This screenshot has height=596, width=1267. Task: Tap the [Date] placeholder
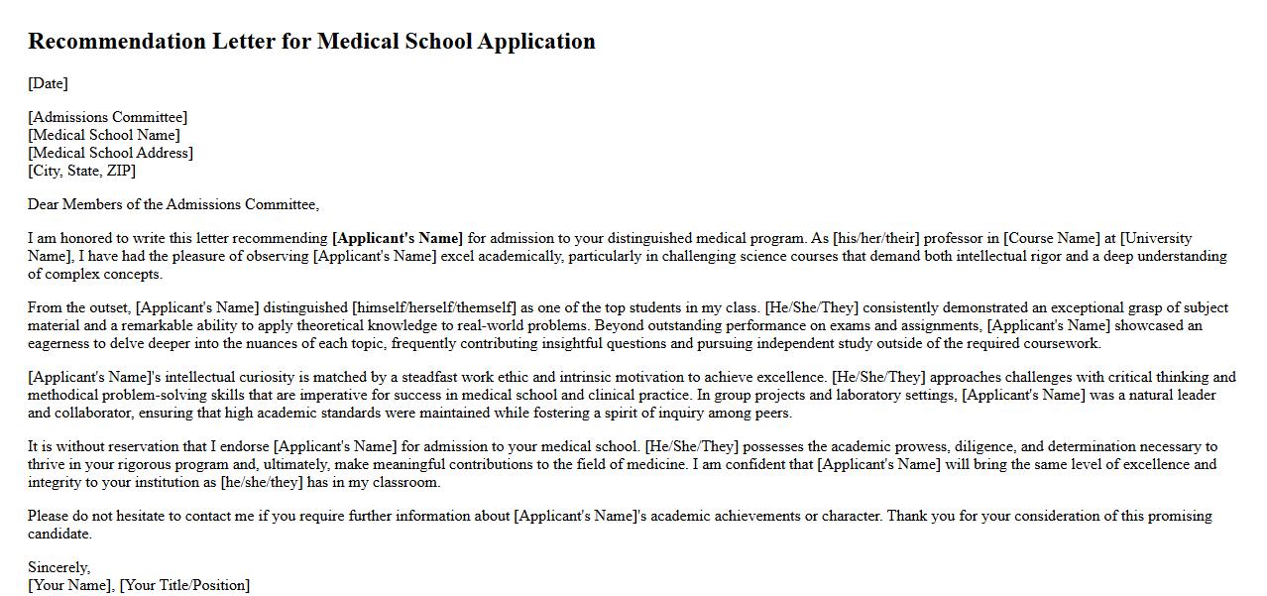coord(48,83)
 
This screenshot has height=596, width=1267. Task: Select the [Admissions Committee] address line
coord(107,117)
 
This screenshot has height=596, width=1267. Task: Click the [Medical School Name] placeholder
coord(104,135)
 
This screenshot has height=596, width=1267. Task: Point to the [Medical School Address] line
coord(110,153)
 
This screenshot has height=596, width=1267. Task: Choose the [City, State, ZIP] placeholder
coord(81,171)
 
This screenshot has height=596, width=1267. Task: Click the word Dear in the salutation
coord(43,204)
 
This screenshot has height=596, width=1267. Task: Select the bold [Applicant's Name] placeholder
coord(398,238)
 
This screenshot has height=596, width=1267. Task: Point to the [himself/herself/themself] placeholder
coord(433,307)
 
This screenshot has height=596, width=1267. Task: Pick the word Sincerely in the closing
coord(58,567)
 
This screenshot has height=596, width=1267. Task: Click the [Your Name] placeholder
coord(69,585)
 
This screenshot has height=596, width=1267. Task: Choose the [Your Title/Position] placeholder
coord(184,585)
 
